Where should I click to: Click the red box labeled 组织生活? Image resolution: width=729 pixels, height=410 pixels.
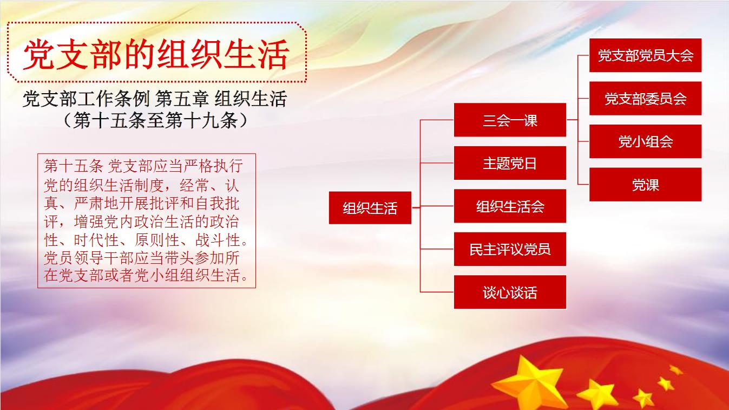370,208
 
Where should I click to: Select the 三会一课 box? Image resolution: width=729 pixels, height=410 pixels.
510,120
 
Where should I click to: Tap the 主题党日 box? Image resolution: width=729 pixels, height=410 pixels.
510,163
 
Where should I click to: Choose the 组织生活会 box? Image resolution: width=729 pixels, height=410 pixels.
510,206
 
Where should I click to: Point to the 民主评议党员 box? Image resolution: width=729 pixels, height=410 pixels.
510,249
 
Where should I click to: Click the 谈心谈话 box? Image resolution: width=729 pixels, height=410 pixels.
510,292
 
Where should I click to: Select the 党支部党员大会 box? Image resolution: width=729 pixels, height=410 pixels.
645,55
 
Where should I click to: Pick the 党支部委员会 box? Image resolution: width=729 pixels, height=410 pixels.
645,99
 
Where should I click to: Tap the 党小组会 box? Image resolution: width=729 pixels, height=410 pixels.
645,141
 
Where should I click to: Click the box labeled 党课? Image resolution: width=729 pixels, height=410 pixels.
645,185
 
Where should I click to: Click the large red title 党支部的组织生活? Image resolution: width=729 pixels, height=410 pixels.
156,54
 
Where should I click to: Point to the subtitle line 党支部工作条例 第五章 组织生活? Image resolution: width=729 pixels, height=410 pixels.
155,99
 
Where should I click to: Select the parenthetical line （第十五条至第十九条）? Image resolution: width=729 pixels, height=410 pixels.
155,120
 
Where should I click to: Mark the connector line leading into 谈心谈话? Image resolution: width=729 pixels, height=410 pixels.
437,292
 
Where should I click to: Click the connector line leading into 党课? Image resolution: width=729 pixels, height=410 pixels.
583,185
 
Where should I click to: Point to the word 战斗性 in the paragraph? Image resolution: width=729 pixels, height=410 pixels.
218,240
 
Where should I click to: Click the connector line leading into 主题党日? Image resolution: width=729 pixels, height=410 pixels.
437,163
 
